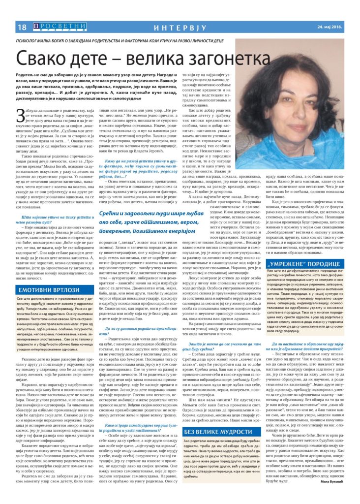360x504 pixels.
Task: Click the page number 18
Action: coord(22,27)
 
